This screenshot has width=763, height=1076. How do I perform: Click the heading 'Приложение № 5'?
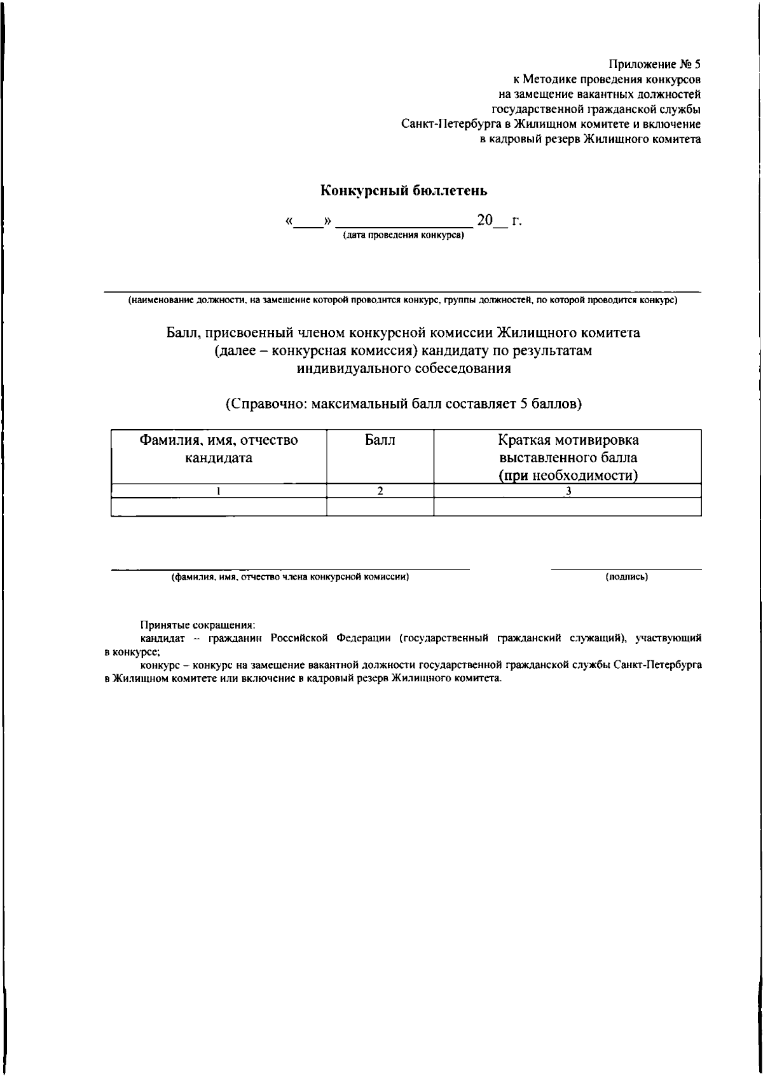[x=655, y=64]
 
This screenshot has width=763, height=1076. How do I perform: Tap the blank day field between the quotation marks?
[x=309, y=222]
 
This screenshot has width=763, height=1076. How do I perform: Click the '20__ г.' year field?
[x=499, y=221]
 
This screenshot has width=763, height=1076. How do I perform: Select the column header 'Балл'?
[x=380, y=440]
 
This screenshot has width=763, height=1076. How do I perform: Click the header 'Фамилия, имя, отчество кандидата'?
[x=219, y=449]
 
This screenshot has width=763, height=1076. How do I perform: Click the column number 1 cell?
[x=219, y=490]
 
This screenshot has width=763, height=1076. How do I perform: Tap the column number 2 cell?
[x=380, y=490]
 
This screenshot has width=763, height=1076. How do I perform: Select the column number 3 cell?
[x=568, y=490]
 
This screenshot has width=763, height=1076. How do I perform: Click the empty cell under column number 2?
[x=380, y=506]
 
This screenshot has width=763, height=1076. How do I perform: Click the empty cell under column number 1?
[x=219, y=506]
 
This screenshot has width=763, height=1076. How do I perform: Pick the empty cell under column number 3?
[x=568, y=506]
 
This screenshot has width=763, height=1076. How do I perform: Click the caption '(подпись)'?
[x=626, y=577]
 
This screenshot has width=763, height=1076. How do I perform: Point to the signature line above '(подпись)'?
[x=626, y=569]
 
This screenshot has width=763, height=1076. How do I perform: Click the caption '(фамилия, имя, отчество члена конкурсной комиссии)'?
[x=289, y=577]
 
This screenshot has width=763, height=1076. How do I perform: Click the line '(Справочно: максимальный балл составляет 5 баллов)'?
[x=404, y=404]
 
